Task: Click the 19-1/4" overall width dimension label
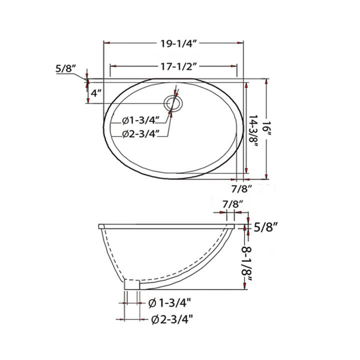[174, 43]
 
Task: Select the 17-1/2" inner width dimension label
[174, 66]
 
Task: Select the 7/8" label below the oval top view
[242, 188]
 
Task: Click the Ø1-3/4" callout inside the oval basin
[141, 120]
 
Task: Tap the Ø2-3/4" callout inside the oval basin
[141, 133]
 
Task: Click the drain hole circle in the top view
[174, 103]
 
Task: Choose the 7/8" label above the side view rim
[232, 204]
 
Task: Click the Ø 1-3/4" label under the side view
[170, 303]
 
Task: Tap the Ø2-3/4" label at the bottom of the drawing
[170, 318]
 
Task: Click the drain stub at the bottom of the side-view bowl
[133, 284]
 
